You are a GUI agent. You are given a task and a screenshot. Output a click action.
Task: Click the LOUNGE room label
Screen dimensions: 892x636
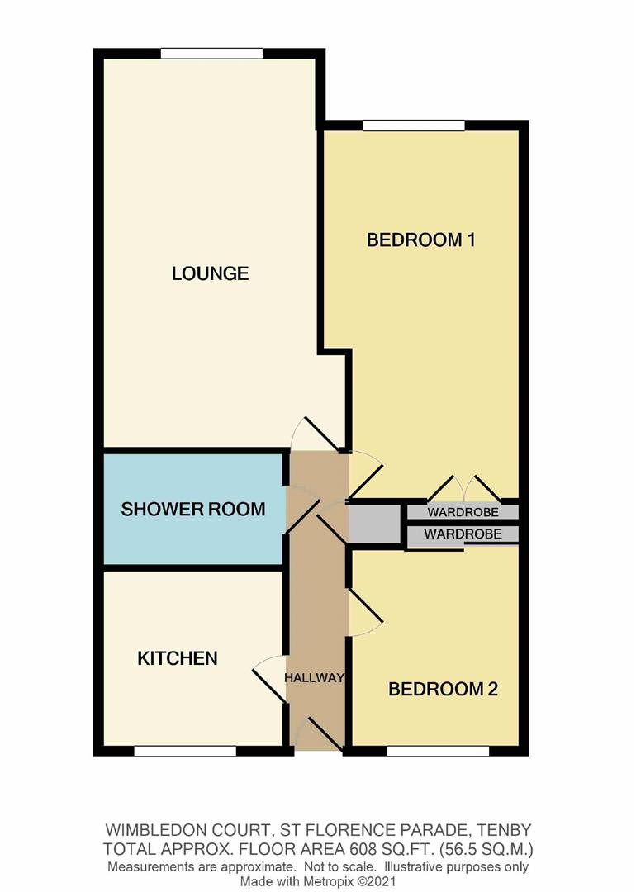tap(210, 273)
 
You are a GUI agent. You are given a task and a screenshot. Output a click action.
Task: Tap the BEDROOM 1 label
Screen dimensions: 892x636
tap(421, 240)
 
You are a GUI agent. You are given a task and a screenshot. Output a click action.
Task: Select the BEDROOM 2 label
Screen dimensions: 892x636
tap(443, 689)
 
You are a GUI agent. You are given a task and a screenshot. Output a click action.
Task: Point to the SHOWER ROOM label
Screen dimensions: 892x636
tap(193, 509)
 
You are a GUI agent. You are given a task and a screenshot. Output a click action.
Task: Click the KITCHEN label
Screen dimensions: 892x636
tap(177, 658)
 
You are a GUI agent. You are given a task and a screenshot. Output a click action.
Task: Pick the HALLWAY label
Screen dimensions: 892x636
tap(314, 678)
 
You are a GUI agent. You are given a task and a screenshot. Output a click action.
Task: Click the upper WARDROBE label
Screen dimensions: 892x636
tap(463, 512)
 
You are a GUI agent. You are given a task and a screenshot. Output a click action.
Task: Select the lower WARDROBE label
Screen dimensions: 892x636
tap(463, 534)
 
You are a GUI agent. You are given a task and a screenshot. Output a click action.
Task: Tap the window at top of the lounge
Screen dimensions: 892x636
tap(211, 55)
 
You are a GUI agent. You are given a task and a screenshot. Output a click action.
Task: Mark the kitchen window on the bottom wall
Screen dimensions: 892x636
tap(185, 751)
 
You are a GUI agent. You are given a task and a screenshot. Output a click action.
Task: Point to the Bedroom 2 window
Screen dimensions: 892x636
tap(438, 751)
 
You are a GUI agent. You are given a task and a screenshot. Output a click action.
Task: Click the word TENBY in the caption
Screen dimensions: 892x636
tap(505, 828)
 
